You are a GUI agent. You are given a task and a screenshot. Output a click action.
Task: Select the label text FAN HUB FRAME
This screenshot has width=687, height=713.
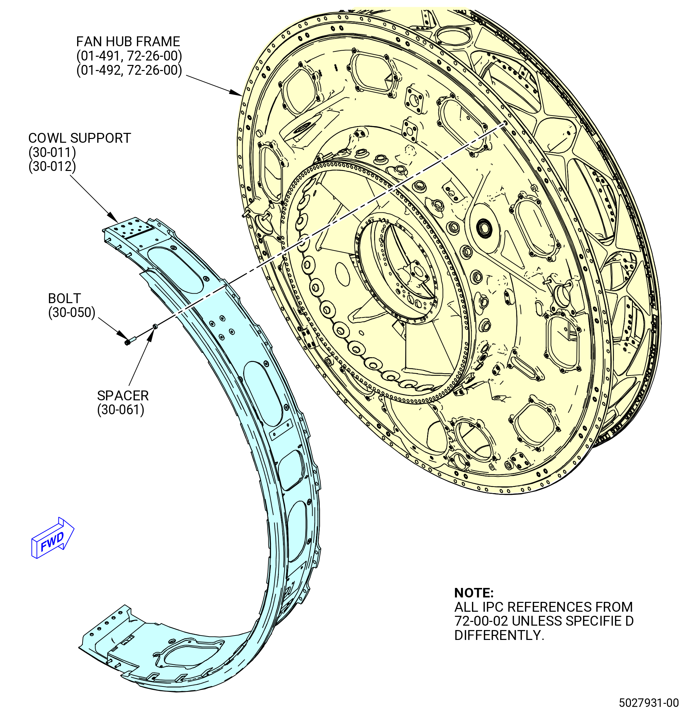pyautogui.click(x=128, y=42)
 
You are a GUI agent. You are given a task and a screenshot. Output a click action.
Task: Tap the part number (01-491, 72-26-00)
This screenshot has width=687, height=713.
pyautogui.click(x=129, y=56)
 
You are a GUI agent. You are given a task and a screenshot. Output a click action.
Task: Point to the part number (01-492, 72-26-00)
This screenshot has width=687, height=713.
pyautogui.click(x=129, y=70)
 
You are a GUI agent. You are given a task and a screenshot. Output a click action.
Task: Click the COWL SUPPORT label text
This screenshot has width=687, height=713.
pyautogui.click(x=80, y=138)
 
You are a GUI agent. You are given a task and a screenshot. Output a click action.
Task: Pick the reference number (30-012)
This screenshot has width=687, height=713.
pyautogui.click(x=52, y=167)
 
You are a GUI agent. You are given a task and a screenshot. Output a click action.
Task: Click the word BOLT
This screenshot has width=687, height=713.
pyautogui.click(x=64, y=299)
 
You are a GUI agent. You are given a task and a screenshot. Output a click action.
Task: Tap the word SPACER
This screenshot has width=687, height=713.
pyautogui.click(x=123, y=396)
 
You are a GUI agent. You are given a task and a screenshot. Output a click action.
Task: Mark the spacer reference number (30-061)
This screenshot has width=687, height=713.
pyautogui.click(x=121, y=410)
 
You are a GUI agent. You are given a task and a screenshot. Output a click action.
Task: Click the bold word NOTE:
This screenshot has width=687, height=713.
pyautogui.click(x=474, y=593)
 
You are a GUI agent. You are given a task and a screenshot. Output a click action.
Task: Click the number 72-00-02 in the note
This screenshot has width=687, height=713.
pyautogui.click(x=481, y=621)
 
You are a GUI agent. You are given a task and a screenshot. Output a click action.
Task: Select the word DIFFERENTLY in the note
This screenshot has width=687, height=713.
pyautogui.click(x=499, y=635)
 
